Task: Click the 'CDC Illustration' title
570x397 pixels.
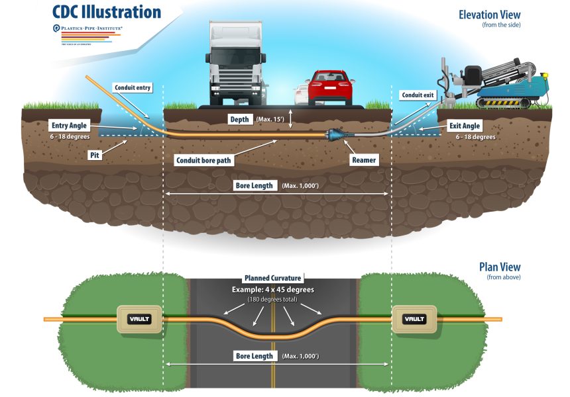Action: click(x=107, y=12)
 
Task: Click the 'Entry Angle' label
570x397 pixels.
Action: click(x=71, y=125)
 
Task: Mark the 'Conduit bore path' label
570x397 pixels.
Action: click(x=203, y=159)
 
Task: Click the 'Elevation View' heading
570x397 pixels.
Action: click(x=489, y=15)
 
